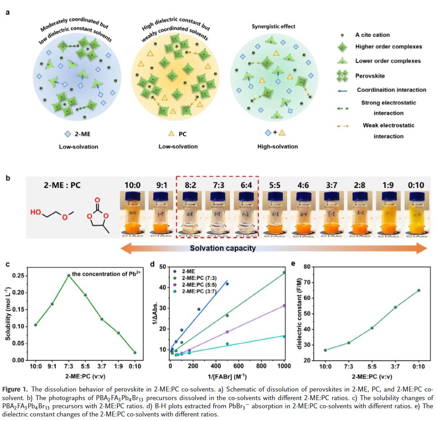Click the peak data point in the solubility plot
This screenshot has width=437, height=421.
click(x=69, y=275)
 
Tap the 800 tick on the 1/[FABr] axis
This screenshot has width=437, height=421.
click(x=261, y=366)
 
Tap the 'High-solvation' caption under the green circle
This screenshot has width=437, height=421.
click(x=277, y=147)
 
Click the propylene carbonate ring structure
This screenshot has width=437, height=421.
click(x=97, y=215)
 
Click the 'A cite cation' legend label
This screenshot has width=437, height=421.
click(x=372, y=34)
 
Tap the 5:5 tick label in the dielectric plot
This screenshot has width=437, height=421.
click(x=372, y=367)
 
